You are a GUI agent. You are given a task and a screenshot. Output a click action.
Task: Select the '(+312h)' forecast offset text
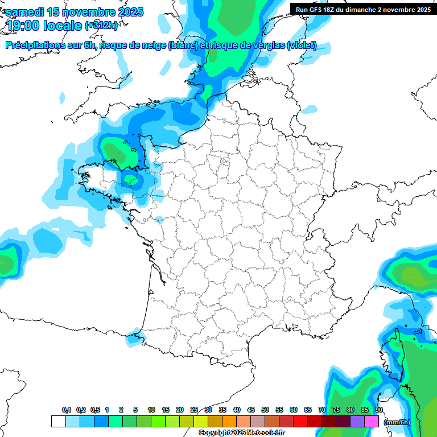pos(101,26)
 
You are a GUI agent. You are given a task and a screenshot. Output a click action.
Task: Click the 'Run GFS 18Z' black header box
pos(362,9)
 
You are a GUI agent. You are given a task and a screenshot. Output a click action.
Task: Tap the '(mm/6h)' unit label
pos(397,422)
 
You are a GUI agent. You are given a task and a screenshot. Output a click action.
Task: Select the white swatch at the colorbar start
pos(58,422)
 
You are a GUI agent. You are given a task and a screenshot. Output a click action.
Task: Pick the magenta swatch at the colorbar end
pos(372,422)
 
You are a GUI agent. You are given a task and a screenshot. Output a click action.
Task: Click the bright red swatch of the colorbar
pos(300,422)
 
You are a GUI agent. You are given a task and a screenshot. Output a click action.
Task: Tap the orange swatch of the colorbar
pos(229,422)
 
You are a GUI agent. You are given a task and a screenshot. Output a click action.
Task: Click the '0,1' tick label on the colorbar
pos(67,410)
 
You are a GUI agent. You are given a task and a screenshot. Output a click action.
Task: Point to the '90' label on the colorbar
pos(379,410)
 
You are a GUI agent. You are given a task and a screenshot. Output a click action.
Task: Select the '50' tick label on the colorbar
pos(265,410)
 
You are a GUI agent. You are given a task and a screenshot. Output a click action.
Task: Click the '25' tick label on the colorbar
pos(194,410)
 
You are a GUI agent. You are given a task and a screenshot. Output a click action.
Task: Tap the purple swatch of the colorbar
pos(357,422)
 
